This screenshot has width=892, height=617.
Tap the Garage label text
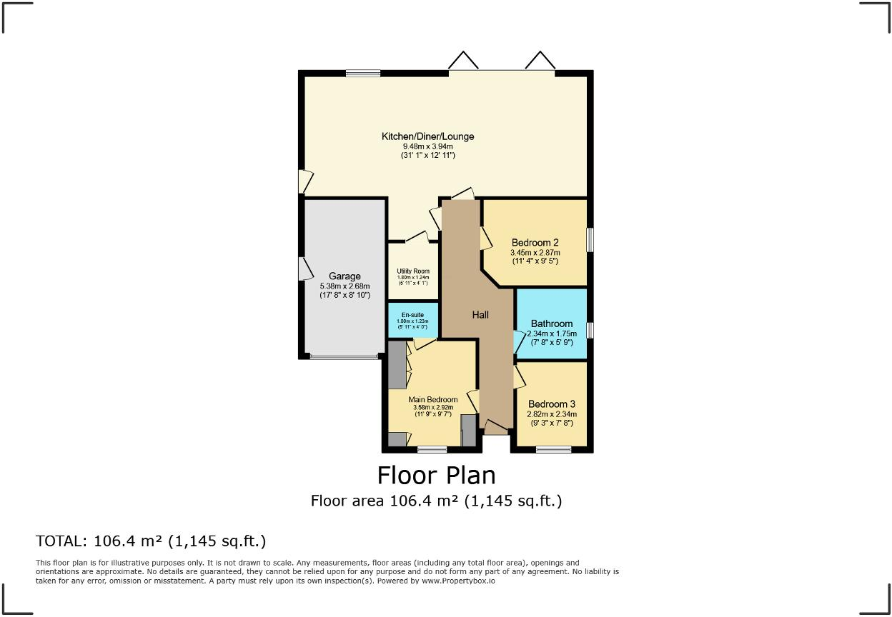(345, 276)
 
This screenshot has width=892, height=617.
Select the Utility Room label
(413, 271)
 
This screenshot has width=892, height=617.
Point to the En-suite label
(413, 314)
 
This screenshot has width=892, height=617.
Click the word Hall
(480, 314)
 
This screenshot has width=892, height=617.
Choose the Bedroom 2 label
(535, 242)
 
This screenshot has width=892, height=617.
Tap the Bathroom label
(551, 323)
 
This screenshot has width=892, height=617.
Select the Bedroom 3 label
(551, 403)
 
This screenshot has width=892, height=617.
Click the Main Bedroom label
(432, 400)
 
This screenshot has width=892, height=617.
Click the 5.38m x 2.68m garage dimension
(345, 286)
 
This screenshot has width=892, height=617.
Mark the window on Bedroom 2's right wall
(590, 239)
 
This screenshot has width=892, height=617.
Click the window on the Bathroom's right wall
(590, 330)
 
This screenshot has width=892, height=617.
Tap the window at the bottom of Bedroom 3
(553, 449)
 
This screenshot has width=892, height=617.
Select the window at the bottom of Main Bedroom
(432, 449)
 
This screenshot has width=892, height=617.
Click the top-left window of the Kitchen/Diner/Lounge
(362, 73)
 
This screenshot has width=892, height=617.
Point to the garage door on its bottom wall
(344, 356)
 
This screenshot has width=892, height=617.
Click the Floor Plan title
(436, 475)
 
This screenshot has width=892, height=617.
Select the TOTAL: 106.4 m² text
(151, 541)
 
